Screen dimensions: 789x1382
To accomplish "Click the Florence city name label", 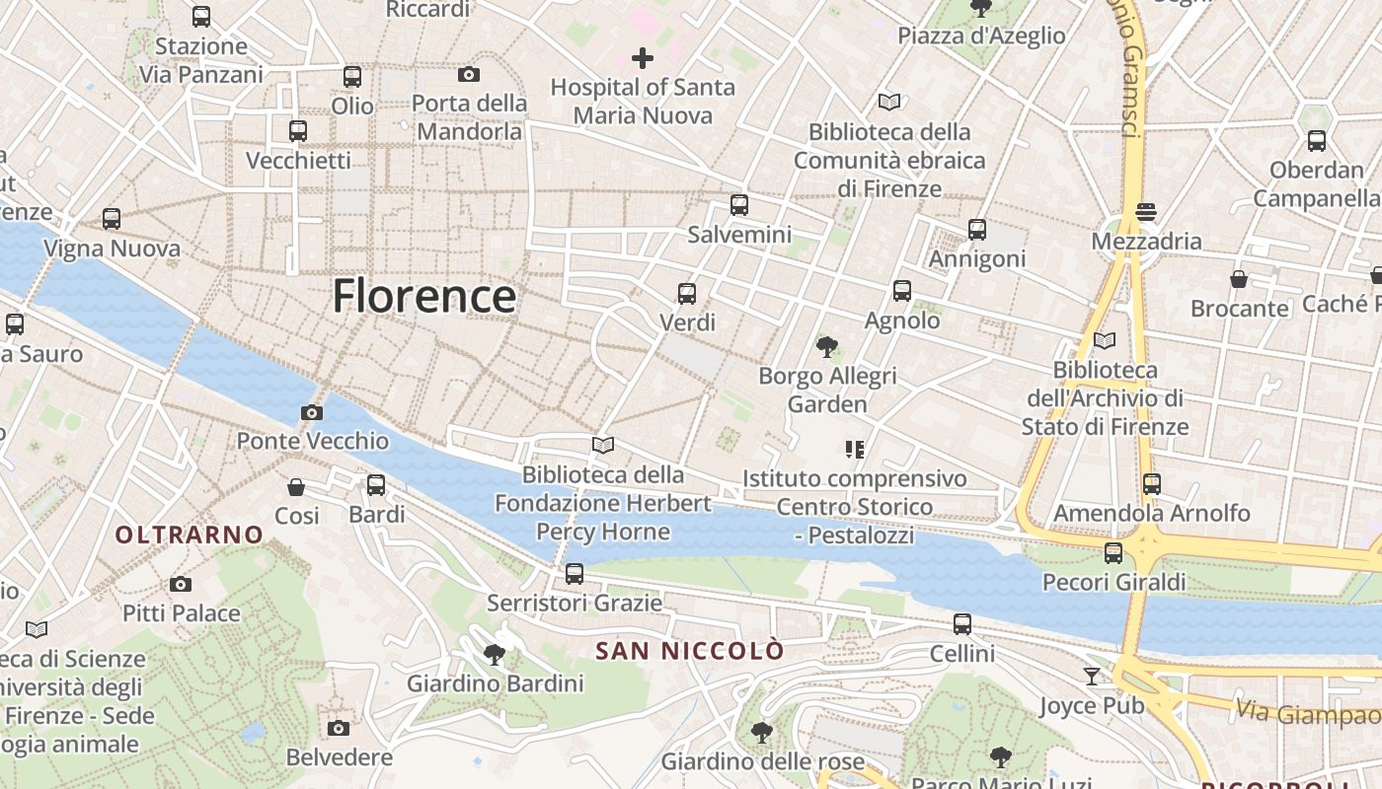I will point(423,296).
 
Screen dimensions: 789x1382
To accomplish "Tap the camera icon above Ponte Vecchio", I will point(312,412).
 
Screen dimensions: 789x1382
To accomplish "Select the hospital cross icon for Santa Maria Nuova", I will point(643,58).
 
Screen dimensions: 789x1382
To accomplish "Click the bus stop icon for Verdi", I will point(687,293).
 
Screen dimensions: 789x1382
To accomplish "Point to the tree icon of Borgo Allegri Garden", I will point(827,346).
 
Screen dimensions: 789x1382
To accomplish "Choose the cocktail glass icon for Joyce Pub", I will point(1092,676).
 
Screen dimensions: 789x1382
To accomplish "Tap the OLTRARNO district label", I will point(190,535).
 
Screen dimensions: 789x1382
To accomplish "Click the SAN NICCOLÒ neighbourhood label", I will point(690,651).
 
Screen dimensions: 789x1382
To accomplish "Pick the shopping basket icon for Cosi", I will point(296,487).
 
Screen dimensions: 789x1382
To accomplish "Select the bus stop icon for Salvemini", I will point(739,205).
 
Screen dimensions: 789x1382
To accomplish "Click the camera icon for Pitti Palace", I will point(181,584).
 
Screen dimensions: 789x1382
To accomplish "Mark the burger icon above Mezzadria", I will point(1146,212).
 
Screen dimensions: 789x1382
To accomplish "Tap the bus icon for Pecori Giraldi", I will point(1113,553).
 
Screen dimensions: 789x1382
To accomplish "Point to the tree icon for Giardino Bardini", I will point(496,653).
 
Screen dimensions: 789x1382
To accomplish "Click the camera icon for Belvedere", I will point(339,728).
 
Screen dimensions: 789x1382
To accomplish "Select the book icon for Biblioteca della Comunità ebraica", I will point(889,102).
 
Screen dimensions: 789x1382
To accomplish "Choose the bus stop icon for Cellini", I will point(962,624).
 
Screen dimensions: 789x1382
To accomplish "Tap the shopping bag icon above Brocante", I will point(1239,279).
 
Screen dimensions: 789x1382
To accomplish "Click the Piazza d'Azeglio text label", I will point(981,36).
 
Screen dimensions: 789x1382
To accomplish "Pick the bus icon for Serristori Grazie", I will point(575,573).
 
